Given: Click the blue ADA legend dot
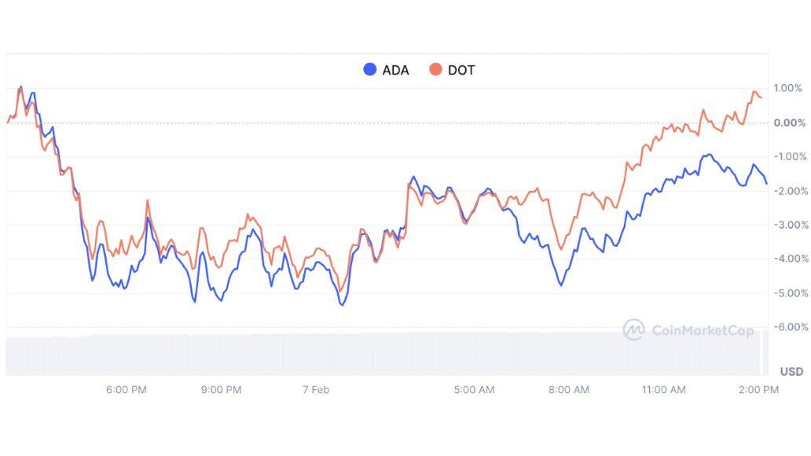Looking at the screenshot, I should pyautogui.click(x=370, y=70).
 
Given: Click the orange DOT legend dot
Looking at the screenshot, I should pyautogui.click(x=435, y=70).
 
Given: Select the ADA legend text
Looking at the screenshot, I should pyautogui.click(x=395, y=70).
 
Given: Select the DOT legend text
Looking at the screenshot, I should pyautogui.click(x=461, y=70).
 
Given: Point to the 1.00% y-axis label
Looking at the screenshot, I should pyautogui.click(x=788, y=88).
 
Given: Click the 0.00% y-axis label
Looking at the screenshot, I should pyautogui.click(x=788, y=123).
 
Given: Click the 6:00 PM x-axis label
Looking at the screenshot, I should pyautogui.click(x=126, y=390).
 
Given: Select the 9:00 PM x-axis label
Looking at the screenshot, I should pyautogui.click(x=221, y=390).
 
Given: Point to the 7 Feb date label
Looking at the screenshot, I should pyautogui.click(x=315, y=390).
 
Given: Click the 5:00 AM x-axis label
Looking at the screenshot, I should pyautogui.click(x=475, y=390).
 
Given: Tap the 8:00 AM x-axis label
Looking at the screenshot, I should pyautogui.click(x=569, y=390).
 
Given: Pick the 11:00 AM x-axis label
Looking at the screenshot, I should pyautogui.click(x=664, y=390).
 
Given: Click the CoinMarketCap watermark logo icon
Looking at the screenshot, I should pyautogui.click(x=633, y=330).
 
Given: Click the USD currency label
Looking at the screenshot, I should pyautogui.click(x=791, y=371).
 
